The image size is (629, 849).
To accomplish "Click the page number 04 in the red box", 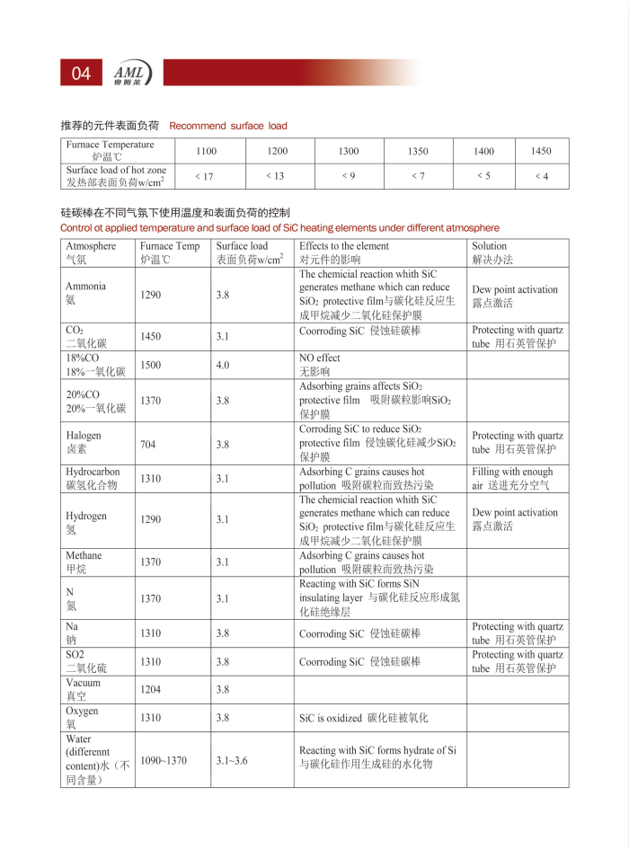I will pos(81,74).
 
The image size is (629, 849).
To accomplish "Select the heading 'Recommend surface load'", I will pos(228,126).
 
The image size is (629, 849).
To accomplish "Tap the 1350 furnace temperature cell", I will pos(418,151).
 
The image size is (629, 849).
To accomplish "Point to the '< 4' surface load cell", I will pos(541,176).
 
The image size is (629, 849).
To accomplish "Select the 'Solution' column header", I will pos(490,246).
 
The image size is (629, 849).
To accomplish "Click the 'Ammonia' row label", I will pos(85,293).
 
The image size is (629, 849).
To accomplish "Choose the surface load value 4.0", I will pos(223,365).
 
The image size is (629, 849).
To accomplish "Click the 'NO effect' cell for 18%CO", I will pos(320,364).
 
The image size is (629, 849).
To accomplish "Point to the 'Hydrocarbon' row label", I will pos(93,478).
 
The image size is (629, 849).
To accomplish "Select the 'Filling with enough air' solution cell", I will pos(512,478).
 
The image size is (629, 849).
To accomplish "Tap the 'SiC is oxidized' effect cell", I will pos(364,718).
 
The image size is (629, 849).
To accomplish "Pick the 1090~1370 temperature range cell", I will pos(164,760).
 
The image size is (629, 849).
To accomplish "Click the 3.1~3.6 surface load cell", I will pos(232,760).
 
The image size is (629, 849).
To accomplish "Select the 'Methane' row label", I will pos(84,562).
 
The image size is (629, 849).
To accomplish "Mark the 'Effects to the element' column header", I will pos(344,246).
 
